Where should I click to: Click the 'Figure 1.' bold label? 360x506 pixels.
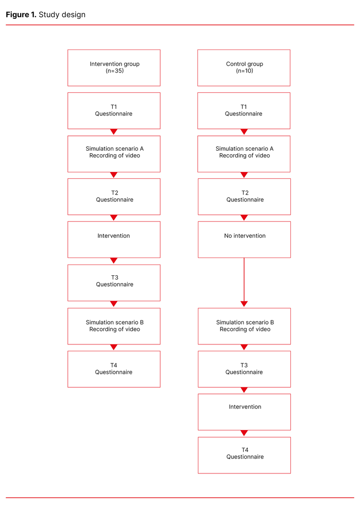(x=21, y=15)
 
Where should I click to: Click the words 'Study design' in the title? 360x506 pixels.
(x=62, y=15)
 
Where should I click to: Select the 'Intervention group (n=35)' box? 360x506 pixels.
(x=114, y=68)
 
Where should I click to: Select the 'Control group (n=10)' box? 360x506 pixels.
(x=244, y=68)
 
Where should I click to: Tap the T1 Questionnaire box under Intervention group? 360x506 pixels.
(x=114, y=111)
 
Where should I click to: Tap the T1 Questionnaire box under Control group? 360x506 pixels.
(x=244, y=111)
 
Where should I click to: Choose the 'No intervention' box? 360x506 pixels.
(x=244, y=240)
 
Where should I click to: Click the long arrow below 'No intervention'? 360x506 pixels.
(x=244, y=282)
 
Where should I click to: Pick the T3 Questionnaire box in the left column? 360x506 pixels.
(x=114, y=283)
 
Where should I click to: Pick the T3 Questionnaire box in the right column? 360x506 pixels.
(x=244, y=369)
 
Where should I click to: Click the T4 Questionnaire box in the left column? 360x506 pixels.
(x=114, y=369)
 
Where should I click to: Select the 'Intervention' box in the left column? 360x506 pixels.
(x=114, y=240)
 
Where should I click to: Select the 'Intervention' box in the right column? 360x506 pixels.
(x=244, y=412)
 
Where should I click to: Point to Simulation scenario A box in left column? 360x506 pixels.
(x=114, y=154)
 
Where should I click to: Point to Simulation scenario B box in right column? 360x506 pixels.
(x=244, y=326)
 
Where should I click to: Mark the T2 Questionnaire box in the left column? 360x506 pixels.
(x=114, y=197)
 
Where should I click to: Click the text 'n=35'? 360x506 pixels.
(x=114, y=71)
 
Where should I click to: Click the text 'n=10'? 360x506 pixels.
(x=244, y=71)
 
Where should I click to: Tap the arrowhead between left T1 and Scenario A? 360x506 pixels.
(x=114, y=132)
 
